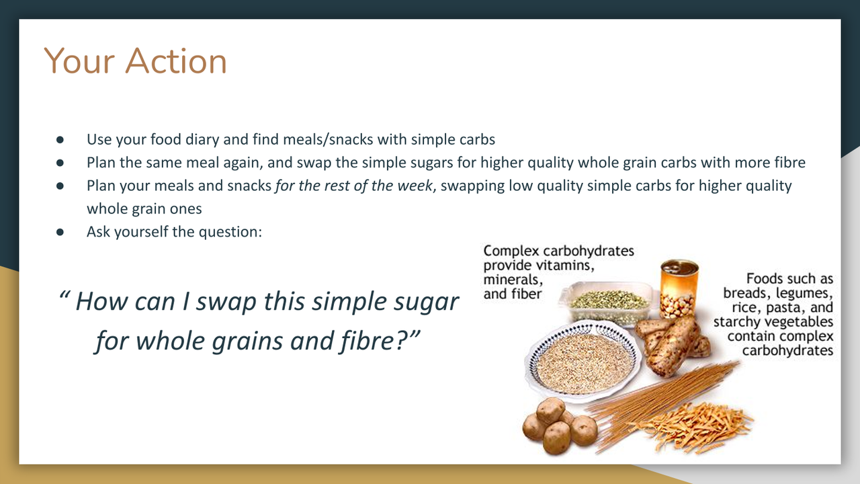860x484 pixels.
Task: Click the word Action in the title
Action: click(x=176, y=61)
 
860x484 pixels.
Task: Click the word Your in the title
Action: click(x=79, y=61)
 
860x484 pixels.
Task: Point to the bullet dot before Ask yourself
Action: click(x=60, y=232)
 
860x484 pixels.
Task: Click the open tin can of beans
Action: click(x=679, y=288)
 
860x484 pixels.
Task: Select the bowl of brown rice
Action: click(x=583, y=362)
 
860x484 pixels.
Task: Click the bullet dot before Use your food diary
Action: click(x=60, y=140)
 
